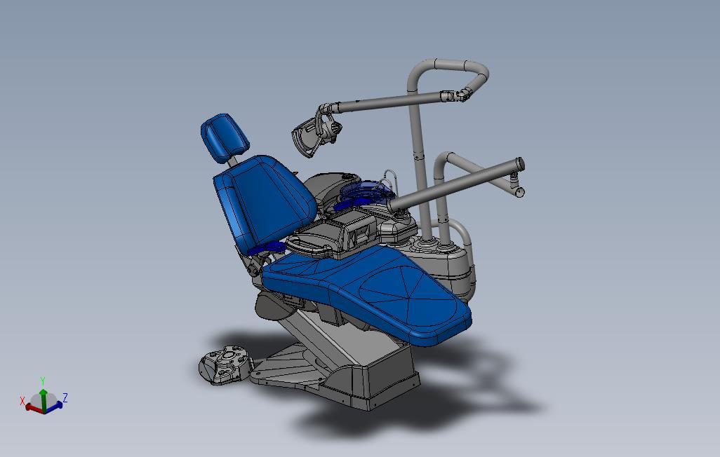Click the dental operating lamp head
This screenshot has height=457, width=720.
coord(312,133)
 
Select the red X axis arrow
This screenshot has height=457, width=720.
coord(32,406)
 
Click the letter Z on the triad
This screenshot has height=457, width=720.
coord(65,397)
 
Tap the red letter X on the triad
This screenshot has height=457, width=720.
coord(22,401)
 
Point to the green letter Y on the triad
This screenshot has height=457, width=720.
coord(43,380)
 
